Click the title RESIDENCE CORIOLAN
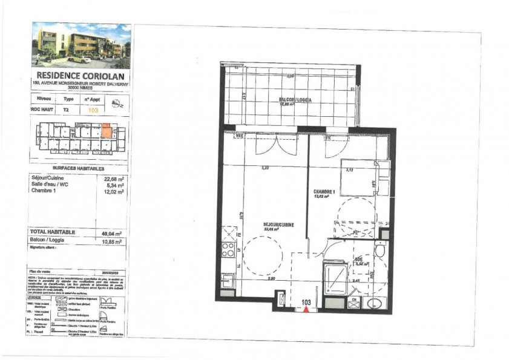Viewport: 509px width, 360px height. point(81,76)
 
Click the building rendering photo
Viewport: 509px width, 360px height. point(81,46)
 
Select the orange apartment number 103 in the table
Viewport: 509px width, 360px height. point(93,111)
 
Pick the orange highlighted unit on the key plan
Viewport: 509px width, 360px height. point(107,131)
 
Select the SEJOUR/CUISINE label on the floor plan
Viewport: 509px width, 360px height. point(279,224)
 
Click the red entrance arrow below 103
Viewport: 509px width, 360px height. point(306,309)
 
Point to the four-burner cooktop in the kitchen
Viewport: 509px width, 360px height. point(228,250)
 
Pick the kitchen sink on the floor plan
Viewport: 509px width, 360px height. point(228,281)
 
